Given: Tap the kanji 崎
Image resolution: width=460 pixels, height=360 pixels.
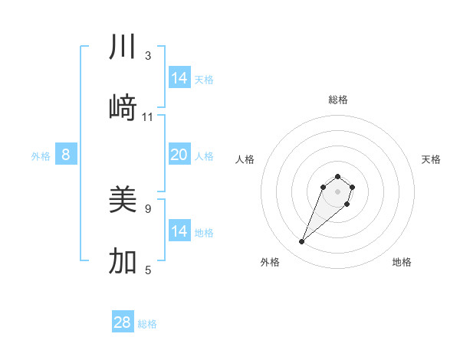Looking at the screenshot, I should tap(123, 107).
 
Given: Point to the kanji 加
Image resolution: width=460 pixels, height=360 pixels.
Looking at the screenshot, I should tap(123, 261).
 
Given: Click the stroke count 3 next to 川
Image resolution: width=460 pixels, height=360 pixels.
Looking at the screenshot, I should tap(148, 56).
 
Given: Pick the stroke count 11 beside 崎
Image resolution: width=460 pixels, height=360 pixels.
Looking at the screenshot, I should tap(148, 116).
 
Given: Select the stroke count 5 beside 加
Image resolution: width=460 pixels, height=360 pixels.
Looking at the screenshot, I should tap(148, 270).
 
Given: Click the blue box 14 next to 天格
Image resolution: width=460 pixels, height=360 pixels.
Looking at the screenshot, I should tap(179, 78).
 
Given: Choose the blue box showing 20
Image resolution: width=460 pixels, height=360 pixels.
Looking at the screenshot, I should tap(179, 155).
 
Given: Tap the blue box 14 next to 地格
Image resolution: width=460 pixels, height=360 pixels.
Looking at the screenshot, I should tap(179, 231).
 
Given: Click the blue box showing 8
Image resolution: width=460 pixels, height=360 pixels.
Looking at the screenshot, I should tap(66, 155).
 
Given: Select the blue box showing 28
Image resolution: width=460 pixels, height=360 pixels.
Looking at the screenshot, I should tap(123, 322).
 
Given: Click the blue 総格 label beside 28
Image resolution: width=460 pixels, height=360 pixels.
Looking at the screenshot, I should tap(147, 324).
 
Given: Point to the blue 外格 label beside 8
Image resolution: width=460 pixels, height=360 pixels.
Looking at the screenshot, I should tap(41, 156).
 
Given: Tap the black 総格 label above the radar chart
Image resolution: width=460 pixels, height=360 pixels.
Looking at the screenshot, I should tap(337, 100).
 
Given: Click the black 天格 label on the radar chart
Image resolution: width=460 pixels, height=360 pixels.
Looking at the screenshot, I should tap(431, 159).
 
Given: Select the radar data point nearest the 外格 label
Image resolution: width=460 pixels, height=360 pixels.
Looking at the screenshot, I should tap(302, 242).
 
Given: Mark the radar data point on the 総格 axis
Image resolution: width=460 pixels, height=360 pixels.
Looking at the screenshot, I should tap(337, 174).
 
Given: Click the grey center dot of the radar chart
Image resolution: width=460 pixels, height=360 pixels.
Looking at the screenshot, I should tap(337, 191).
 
